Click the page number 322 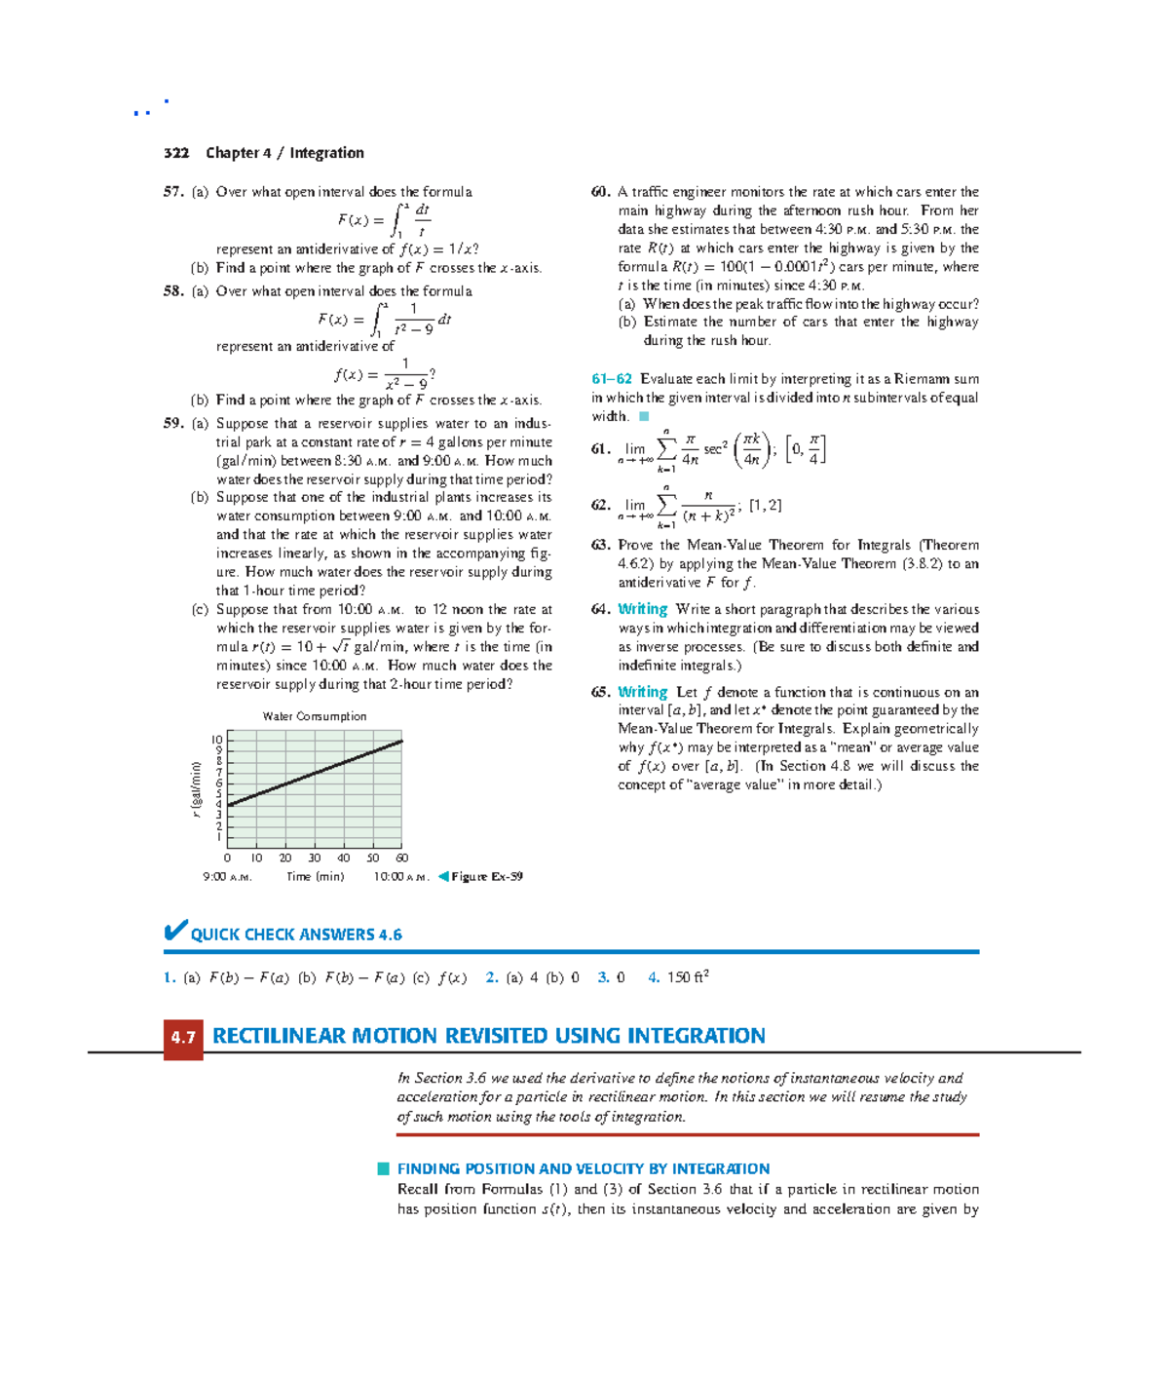[176, 153]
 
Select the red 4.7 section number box [183, 1037]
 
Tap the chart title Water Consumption [315, 716]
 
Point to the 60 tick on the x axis [401, 859]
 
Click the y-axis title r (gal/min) [196, 788]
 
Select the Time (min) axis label [315, 877]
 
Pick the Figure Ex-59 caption [486, 877]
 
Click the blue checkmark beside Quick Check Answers [175, 932]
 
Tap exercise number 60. [600, 192]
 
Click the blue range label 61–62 [612, 379]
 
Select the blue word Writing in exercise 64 [642, 609]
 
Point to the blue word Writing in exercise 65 [642, 692]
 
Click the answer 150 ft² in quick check [688, 977]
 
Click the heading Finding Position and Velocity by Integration [583, 1168]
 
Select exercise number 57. [173, 192]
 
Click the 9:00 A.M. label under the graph [227, 877]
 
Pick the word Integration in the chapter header [326, 153]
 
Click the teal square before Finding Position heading [384, 1168]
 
